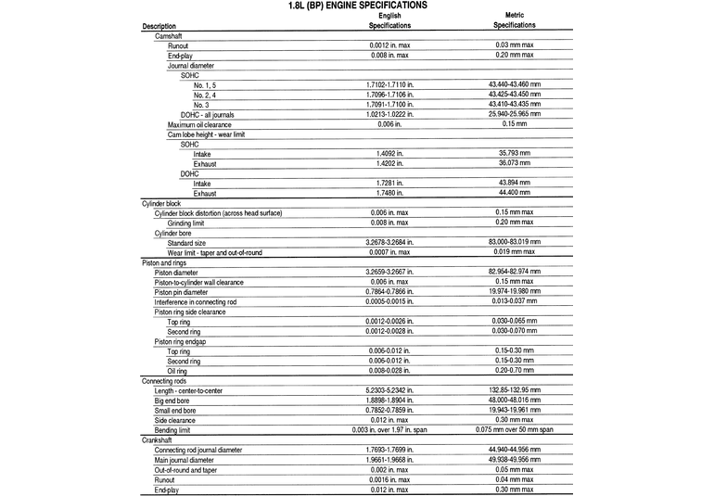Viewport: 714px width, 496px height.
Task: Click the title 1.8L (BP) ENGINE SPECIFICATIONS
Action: coord(357,6)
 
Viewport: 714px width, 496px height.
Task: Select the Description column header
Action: coord(159,26)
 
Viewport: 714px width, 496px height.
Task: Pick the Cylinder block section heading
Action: coord(161,203)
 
